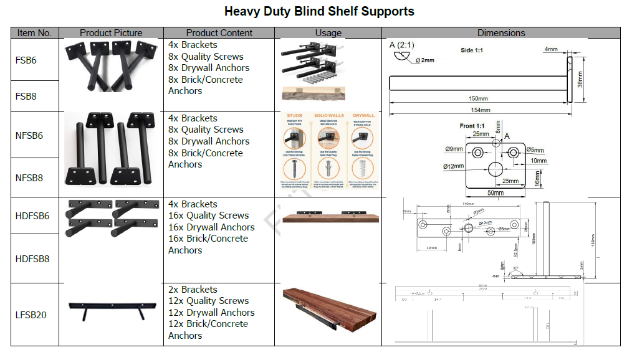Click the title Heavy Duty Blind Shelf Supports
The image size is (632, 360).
tap(319, 11)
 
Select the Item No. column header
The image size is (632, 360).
tap(34, 33)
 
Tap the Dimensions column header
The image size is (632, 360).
tap(500, 33)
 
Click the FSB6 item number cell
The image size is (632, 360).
tap(26, 60)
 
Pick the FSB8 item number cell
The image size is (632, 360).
tap(26, 97)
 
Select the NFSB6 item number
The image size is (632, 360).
tap(29, 135)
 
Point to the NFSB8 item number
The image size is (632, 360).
tap(29, 178)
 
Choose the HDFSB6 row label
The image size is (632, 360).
tap(32, 216)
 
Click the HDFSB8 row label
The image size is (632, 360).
tap(32, 258)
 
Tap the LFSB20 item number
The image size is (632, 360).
tap(31, 315)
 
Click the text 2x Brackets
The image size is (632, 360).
tap(193, 290)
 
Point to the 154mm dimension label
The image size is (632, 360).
tap(480, 110)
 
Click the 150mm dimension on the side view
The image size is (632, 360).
tap(478, 98)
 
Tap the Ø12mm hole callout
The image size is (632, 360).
tap(453, 166)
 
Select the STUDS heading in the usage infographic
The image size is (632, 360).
tap(295, 116)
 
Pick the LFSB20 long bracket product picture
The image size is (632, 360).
tap(111, 309)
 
